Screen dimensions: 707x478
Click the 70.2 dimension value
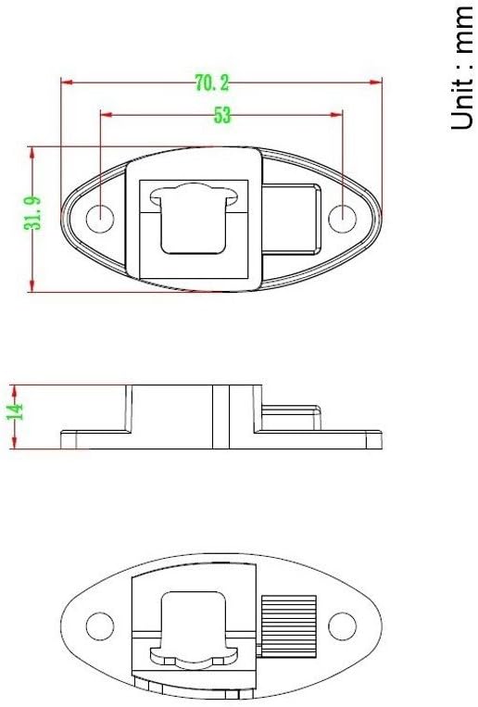[x=212, y=83]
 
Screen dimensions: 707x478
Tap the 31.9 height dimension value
[x=32, y=219]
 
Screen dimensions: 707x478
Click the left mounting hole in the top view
[x=100, y=220]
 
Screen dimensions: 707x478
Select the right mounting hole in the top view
[x=343, y=220]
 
